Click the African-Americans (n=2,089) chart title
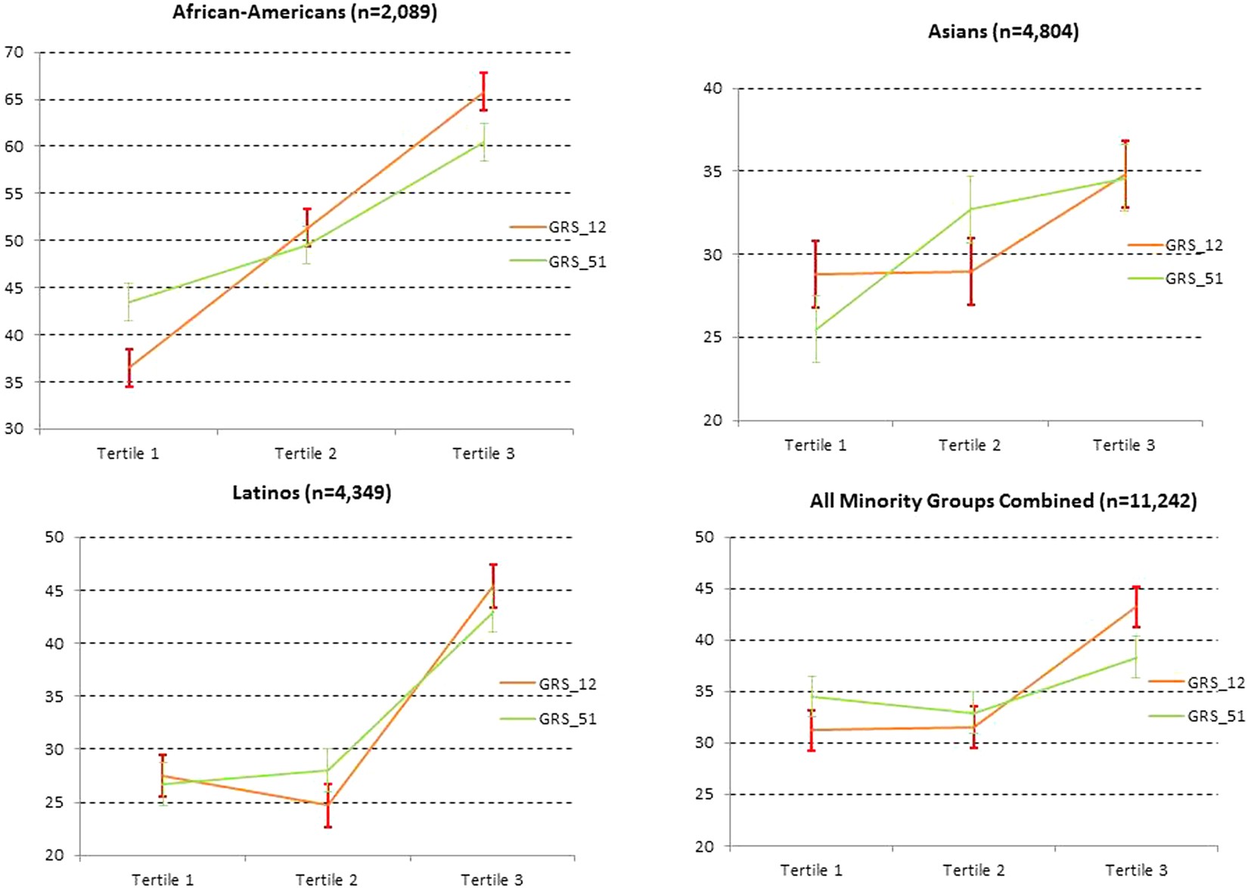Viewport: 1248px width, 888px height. click(304, 13)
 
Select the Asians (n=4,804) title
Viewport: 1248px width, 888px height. click(1003, 32)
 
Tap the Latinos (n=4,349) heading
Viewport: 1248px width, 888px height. click(312, 493)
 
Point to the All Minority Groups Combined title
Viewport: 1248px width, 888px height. click(1003, 501)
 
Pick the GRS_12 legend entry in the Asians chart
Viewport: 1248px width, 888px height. click(1193, 245)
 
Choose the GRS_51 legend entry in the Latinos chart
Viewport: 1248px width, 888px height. click(567, 719)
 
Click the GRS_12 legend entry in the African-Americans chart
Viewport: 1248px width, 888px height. click(576, 227)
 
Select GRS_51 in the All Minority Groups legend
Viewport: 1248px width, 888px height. click(1215, 716)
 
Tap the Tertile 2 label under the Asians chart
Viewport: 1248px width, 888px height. click(969, 446)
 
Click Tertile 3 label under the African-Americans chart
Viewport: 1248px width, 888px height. click(483, 454)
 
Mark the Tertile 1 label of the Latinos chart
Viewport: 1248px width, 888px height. click(163, 879)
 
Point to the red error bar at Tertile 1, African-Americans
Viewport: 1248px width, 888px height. click(129, 368)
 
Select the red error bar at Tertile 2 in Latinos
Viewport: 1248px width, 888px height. click(328, 806)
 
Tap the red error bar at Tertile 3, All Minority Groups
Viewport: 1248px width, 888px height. click(1135, 607)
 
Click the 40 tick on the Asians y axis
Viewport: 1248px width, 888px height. click(712, 88)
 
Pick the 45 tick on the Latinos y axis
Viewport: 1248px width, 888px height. click(54, 590)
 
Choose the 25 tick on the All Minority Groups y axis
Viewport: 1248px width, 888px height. click(704, 794)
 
